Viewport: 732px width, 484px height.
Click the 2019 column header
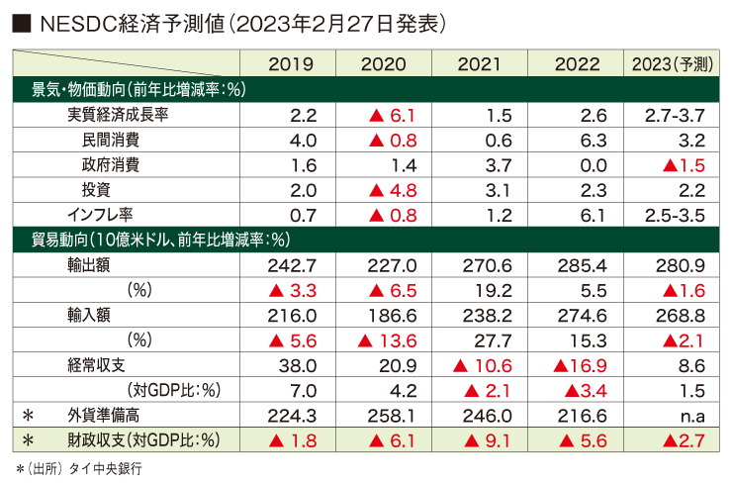(x=290, y=64)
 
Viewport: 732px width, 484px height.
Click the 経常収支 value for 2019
(x=290, y=364)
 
